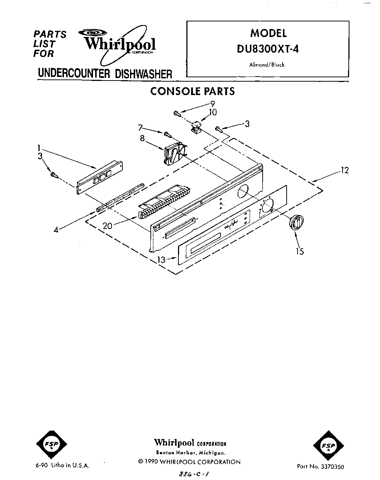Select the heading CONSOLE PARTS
coord(192,91)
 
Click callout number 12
coord(344,170)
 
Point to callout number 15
coord(300,251)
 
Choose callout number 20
coord(107,225)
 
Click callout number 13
coord(161,259)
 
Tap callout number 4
coord(56,229)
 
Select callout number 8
coord(142,138)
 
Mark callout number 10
coord(213,112)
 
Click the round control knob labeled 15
coord(295,222)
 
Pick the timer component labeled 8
coord(174,154)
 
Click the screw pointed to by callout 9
coord(177,114)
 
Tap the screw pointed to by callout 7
coord(167,134)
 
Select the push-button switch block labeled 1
coord(100,178)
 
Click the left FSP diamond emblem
coord(49,445)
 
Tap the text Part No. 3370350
coord(320,467)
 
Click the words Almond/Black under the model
coord(267,65)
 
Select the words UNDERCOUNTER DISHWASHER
coord(105,74)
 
